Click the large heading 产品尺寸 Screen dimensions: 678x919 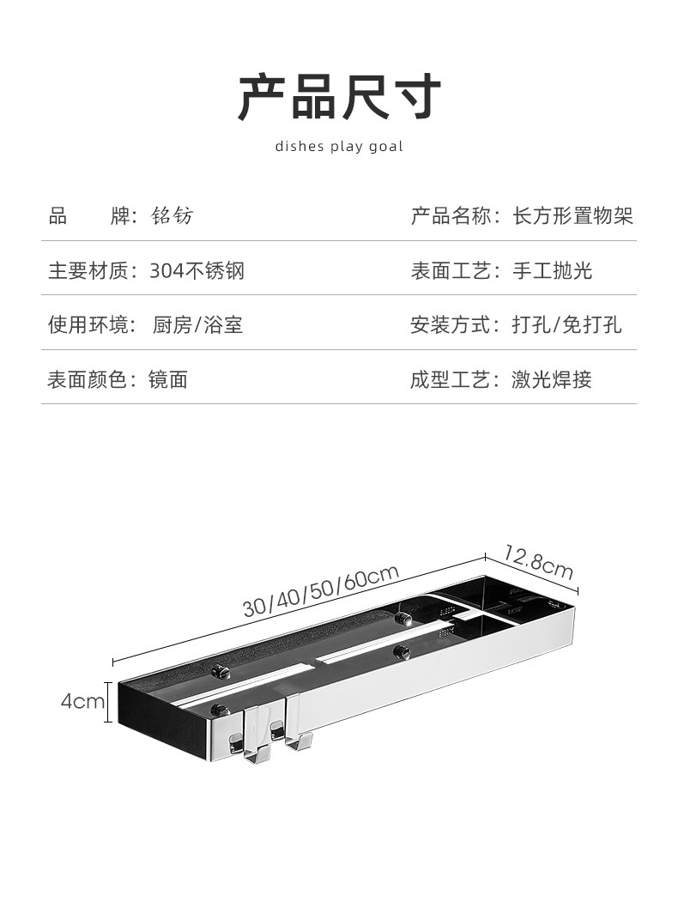coord(339,97)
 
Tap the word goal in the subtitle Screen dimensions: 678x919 coord(385,147)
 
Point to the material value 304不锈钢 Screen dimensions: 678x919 coord(197,270)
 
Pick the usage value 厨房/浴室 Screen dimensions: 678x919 coord(197,325)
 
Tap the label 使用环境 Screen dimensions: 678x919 coord(88,325)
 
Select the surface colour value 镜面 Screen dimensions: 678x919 coord(168,380)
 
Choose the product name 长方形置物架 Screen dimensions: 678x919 coord(572,215)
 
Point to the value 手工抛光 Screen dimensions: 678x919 coord(552,270)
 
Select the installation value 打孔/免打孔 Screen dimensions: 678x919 coord(566,325)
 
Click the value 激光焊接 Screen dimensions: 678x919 coord(552,380)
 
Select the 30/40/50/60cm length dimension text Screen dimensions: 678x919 coord(320,590)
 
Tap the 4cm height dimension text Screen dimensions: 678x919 coord(82,702)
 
